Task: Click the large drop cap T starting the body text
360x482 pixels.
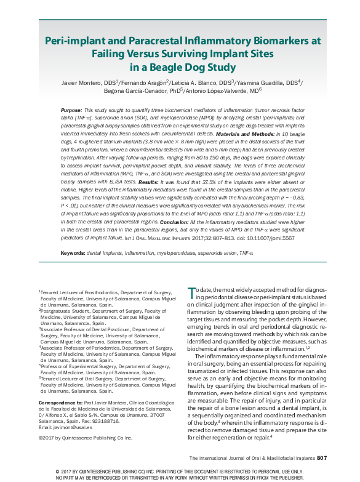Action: pos(192,292)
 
